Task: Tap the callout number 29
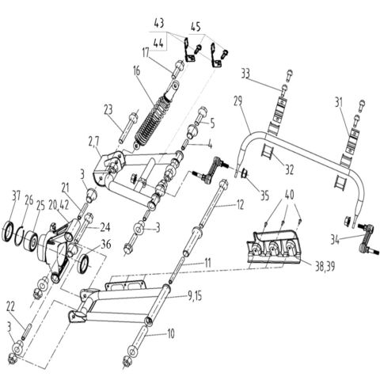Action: (237, 101)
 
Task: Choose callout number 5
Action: (211, 123)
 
